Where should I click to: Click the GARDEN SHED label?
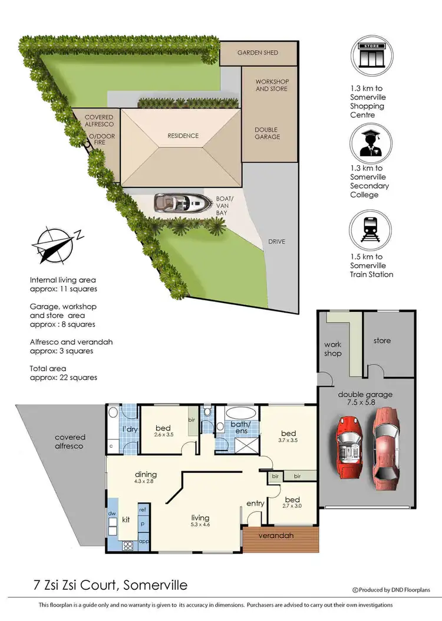pyautogui.click(x=258, y=53)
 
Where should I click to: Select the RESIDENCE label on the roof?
pyautogui.click(x=183, y=136)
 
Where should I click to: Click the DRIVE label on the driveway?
pyautogui.click(x=277, y=242)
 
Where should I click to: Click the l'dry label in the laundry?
pyautogui.click(x=130, y=429)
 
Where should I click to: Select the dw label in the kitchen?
pyautogui.click(x=111, y=514)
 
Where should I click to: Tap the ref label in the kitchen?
pyautogui.click(x=142, y=508)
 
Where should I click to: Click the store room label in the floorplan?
pyautogui.click(x=382, y=340)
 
